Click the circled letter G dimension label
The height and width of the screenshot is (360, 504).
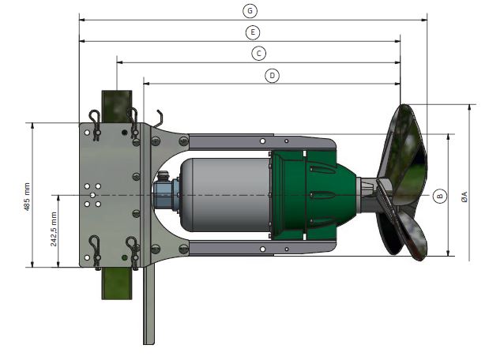(x=250, y=10)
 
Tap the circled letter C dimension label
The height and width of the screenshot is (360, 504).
(x=258, y=53)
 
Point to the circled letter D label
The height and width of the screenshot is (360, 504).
(x=272, y=75)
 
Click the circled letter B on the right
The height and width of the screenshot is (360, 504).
(x=439, y=195)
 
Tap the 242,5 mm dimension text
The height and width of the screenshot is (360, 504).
(x=54, y=229)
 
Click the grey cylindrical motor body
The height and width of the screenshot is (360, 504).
(x=226, y=194)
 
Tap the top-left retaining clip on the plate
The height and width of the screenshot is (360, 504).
(x=95, y=125)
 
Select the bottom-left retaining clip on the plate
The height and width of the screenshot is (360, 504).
(x=95, y=252)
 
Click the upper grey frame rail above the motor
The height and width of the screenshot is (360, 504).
(x=261, y=141)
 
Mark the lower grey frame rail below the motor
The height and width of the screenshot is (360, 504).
(x=261, y=249)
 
